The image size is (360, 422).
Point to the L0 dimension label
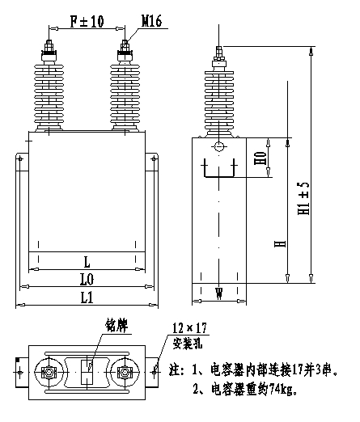point(87,279)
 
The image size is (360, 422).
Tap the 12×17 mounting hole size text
point(191,329)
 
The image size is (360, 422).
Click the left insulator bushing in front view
point(51,91)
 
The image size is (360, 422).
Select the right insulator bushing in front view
point(125,91)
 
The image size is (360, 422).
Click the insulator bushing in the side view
point(218,97)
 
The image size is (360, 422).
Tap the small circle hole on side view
point(218,146)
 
